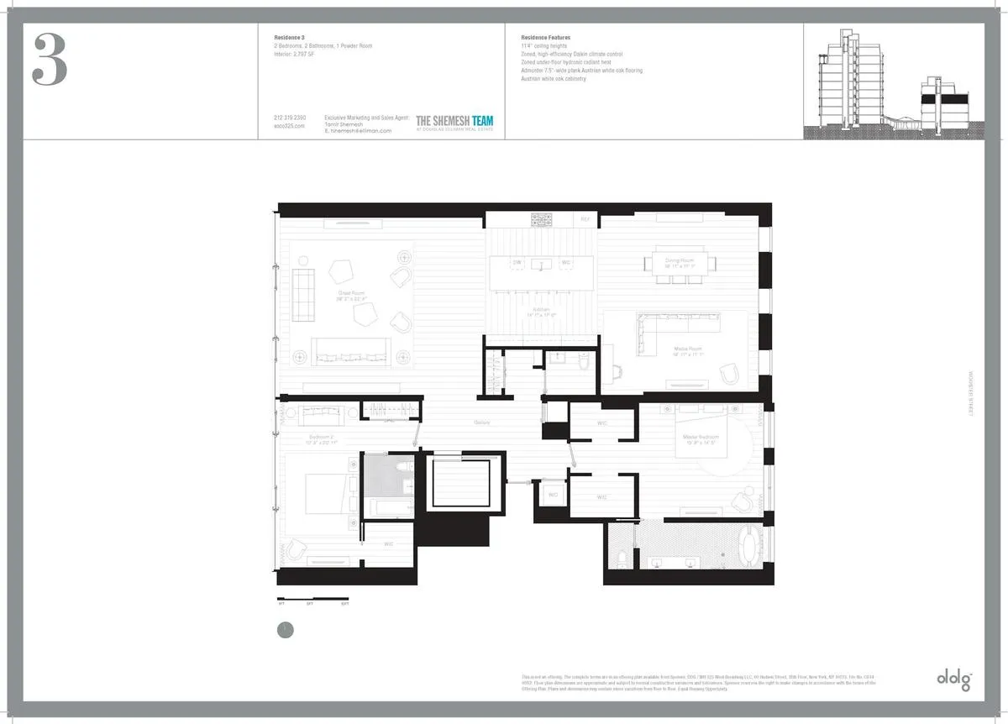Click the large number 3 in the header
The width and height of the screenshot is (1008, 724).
50,60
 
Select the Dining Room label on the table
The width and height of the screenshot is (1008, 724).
680,262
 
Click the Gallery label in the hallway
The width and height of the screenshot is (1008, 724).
482,422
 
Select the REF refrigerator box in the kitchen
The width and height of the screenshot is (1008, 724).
585,219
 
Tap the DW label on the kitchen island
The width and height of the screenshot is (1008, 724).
517,263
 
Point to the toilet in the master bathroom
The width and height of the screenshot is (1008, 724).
621,556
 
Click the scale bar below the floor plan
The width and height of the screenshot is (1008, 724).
313,601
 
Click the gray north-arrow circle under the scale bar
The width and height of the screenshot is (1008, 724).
286,629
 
